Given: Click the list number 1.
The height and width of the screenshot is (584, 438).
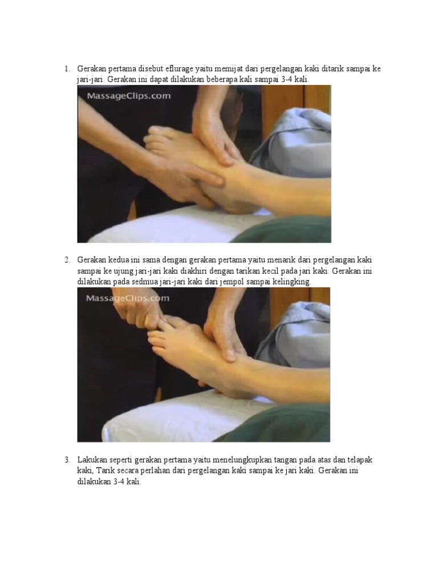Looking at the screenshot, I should point(66,69).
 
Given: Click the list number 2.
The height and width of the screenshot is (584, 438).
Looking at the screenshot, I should point(66,260).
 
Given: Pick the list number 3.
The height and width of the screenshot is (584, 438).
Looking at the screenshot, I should point(66,460).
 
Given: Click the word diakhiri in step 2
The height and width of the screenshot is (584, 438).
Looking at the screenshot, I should point(214,271).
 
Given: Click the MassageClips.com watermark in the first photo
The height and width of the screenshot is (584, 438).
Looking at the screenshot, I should point(128,96).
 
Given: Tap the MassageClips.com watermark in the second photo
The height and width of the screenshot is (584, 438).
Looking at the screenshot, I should point(127,298).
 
